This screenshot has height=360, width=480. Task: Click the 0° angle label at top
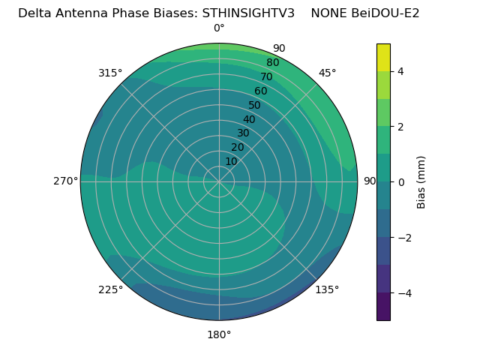click(x=219, y=28)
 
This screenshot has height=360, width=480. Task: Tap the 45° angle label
click(x=327, y=73)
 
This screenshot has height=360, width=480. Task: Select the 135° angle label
click(x=327, y=289)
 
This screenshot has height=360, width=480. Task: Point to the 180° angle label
click(x=219, y=334)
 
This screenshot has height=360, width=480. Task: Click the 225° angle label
click(x=110, y=289)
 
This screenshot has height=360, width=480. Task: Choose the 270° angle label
click(x=65, y=181)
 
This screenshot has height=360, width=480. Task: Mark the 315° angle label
click(x=110, y=73)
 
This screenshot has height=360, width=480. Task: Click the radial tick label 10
click(x=231, y=161)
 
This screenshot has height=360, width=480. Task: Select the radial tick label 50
click(x=255, y=105)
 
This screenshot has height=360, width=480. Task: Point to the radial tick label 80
click(x=272, y=62)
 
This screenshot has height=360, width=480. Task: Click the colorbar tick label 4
click(x=400, y=71)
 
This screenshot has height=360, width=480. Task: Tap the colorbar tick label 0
click(x=400, y=181)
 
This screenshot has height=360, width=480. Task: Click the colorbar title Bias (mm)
click(x=421, y=181)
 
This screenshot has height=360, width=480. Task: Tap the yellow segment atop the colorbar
click(x=383, y=58)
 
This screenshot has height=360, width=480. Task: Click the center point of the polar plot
click(x=219, y=181)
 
